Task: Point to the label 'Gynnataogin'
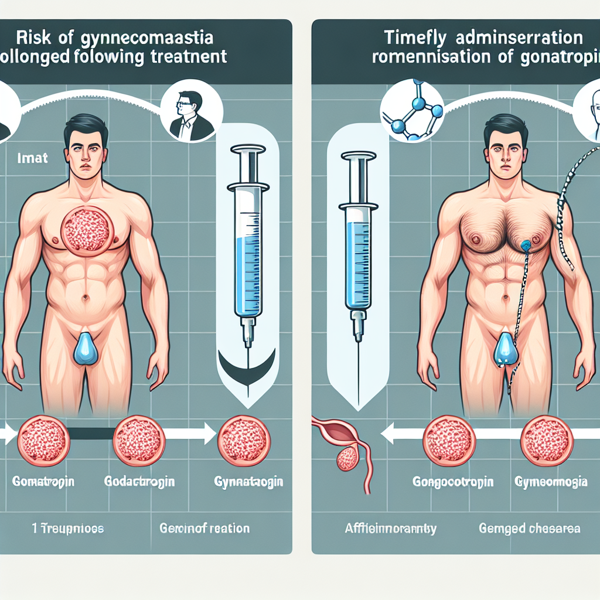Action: point(249,482)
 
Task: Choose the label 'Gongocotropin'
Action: point(453,482)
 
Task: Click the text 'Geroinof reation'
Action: point(204,528)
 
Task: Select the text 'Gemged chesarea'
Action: point(530,528)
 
